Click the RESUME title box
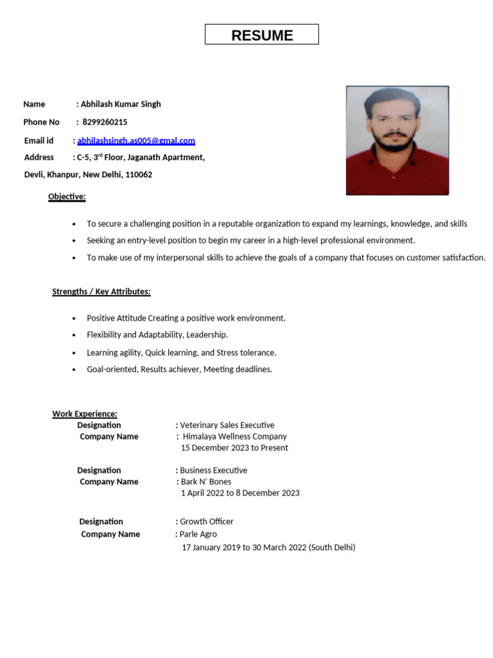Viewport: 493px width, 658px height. pos(262,35)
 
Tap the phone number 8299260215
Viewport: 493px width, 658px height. pos(105,122)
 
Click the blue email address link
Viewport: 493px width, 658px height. pos(136,141)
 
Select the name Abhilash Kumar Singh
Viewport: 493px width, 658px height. pos(121,104)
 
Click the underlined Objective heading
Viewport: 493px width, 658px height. pos(67,197)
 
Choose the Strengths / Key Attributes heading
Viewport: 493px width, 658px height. pos(101,292)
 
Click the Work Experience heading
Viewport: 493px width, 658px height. pos(85,414)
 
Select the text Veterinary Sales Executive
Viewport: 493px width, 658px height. pos(227,425)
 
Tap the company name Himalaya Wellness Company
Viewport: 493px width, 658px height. pos(234,436)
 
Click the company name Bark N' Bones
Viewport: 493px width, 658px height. pos(205,481)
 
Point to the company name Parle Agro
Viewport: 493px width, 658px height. pos(198,534)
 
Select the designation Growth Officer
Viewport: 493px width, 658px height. pos(207,522)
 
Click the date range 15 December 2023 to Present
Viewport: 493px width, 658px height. pos(234,448)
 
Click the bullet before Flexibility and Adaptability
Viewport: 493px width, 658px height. pos(74,335)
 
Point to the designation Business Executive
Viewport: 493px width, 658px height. pos(213,470)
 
